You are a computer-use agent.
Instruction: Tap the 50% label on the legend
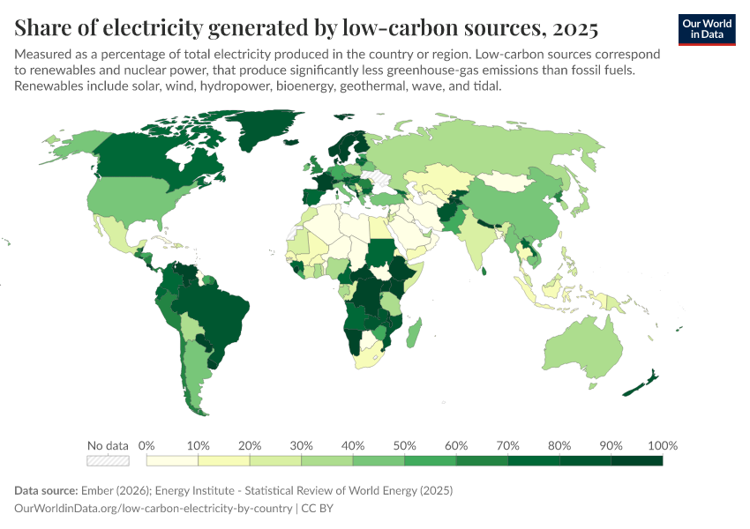click(403, 445)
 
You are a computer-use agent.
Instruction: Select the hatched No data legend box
click(108, 460)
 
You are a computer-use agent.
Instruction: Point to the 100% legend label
click(662, 445)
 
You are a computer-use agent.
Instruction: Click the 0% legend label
click(146, 445)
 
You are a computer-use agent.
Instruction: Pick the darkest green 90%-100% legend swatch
click(636, 460)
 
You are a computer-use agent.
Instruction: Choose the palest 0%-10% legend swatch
click(172, 460)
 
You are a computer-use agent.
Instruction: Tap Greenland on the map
click(265, 132)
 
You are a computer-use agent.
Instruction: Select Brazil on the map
click(212, 304)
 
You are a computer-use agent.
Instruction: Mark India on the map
click(476, 238)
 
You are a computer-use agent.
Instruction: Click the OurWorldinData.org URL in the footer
click(154, 509)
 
